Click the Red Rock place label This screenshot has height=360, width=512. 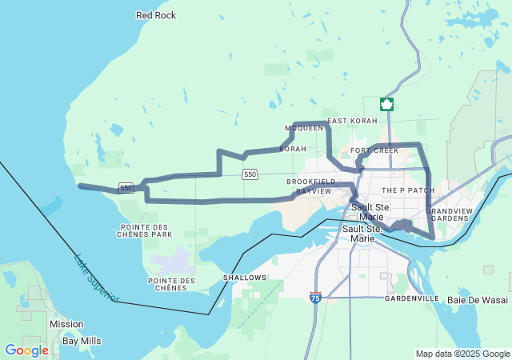pyautogui.click(x=156, y=15)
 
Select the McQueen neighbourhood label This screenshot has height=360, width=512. pyautogui.click(x=304, y=128)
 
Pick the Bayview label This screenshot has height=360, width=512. pyautogui.click(x=313, y=192)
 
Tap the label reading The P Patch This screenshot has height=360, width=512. pyautogui.click(x=408, y=190)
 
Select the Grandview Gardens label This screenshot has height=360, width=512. pyautogui.click(x=448, y=214)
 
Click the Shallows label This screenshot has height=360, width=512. pyautogui.click(x=245, y=278)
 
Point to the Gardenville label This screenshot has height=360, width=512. pyautogui.click(x=411, y=298)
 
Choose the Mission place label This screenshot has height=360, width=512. pyautogui.click(x=66, y=324)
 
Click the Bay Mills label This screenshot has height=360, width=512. pyautogui.click(x=82, y=341)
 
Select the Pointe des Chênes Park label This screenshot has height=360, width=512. pyautogui.click(x=144, y=230)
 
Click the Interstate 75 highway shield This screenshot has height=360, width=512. pyautogui.click(x=316, y=298)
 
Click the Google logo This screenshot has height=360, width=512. pyautogui.click(x=26, y=350)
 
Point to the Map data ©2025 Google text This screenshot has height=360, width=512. pyautogui.click(x=462, y=354)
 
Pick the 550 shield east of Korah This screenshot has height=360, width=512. pyautogui.click(x=250, y=174)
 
